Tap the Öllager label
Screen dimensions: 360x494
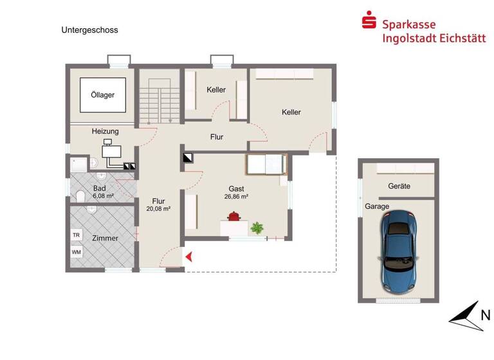pos(102,95)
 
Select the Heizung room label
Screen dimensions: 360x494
pos(105,131)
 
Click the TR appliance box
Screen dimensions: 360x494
pos(77,235)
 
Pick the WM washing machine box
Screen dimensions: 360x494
pos(77,251)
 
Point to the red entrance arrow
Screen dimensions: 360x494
pos(190,257)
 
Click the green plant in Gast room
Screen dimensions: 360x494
pos(258,227)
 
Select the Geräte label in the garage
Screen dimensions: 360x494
pos(399,186)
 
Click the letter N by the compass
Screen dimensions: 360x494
pos(486,314)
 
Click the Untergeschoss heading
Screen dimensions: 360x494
pos(90,30)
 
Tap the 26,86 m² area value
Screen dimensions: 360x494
pos(237,197)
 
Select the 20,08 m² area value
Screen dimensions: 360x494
pos(158,208)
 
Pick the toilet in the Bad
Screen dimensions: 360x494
pos(79,195)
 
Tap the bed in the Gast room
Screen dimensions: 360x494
pos(266,165)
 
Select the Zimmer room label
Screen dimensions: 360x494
pos(105,238)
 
